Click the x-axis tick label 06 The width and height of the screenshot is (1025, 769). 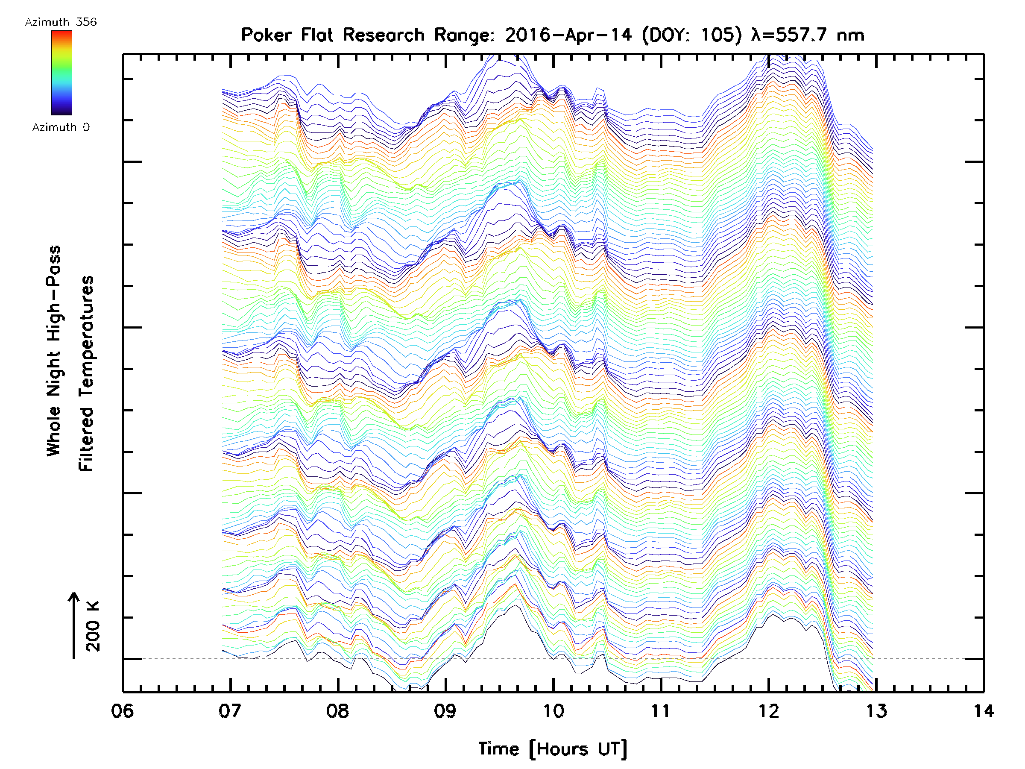tap(122, 710)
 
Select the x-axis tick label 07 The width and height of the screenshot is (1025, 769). tap(230, 710)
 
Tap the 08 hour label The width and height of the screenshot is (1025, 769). tap(338, 710)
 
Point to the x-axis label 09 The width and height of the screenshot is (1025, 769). tap(445, 710)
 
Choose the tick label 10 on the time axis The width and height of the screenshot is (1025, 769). tap(553, 710)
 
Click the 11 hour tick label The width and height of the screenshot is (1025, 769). tap(661, 710)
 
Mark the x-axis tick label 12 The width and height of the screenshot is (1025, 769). tap(769, 710)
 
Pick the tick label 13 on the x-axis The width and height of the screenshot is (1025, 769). tap(876, 710)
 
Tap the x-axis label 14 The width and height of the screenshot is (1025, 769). tap(983, 710)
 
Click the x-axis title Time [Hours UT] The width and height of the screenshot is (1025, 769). tap(553, 749)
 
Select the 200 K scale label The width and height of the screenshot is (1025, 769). tap(93, 626)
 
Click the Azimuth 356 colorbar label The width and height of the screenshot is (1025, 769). tap(61, 22)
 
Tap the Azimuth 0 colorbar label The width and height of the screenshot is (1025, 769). tap(61, 127)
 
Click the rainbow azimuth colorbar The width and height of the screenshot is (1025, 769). tap(61, 73)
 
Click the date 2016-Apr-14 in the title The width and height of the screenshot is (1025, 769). tap(568, 35)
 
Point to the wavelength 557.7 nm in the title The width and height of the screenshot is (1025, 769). tap(808, 35)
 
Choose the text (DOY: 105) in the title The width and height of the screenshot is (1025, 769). tap(692, 35)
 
